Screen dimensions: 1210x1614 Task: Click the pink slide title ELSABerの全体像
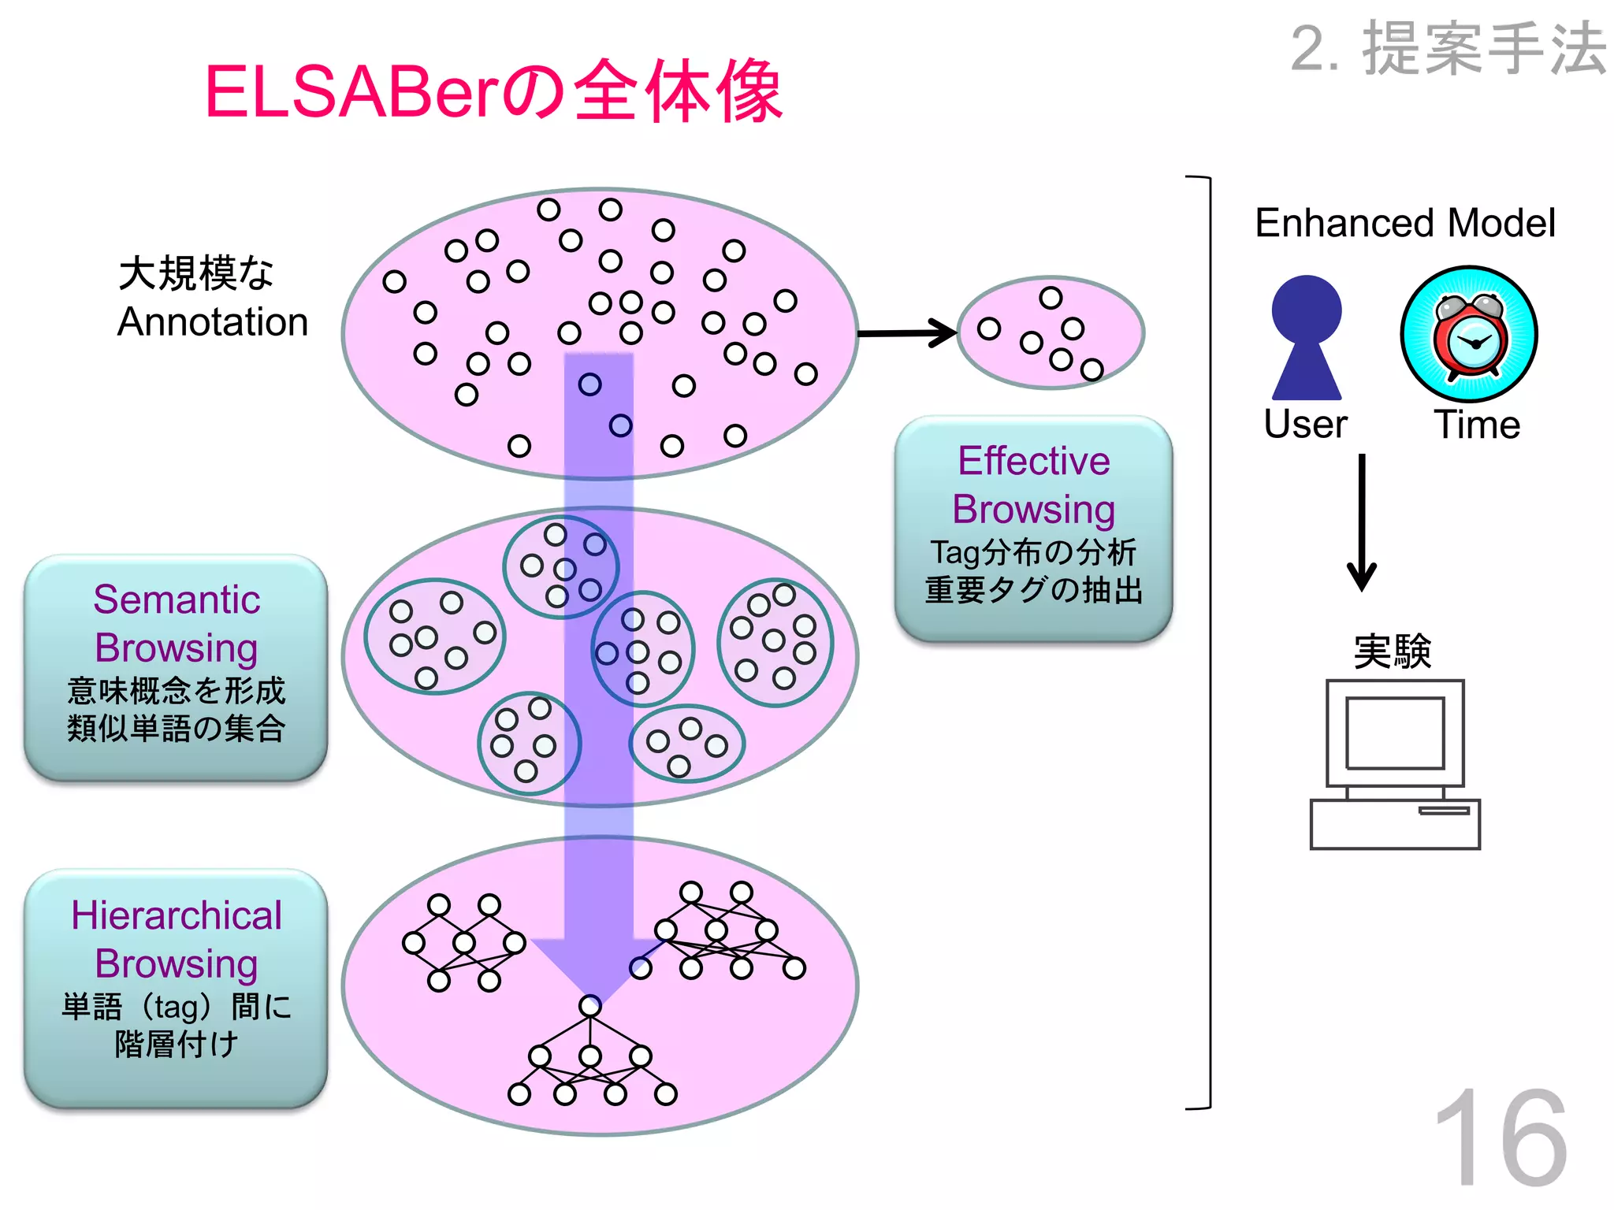[493, 93]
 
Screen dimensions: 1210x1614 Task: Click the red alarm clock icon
[1469, 336]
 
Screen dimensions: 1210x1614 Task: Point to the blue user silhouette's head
[1306, 309]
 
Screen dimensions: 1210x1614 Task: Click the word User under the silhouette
[1305, 425]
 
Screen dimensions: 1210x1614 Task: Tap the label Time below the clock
[1476, 425]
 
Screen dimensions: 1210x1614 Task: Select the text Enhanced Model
[1404, 223]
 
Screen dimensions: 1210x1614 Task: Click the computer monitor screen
[1394, 733]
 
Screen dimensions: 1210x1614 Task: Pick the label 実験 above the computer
[1392, 652]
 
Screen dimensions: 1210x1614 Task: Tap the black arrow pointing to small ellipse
[906, 333]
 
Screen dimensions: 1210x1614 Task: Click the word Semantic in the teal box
[177, 599]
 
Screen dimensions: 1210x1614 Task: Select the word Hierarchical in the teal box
[177, 915]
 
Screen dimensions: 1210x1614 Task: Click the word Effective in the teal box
[1033, 461]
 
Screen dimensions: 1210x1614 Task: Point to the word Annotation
[213, 322]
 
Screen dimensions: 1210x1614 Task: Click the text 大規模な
[195, 273]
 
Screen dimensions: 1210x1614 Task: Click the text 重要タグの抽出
[1033, 590]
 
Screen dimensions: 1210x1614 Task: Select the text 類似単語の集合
[177, 728]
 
